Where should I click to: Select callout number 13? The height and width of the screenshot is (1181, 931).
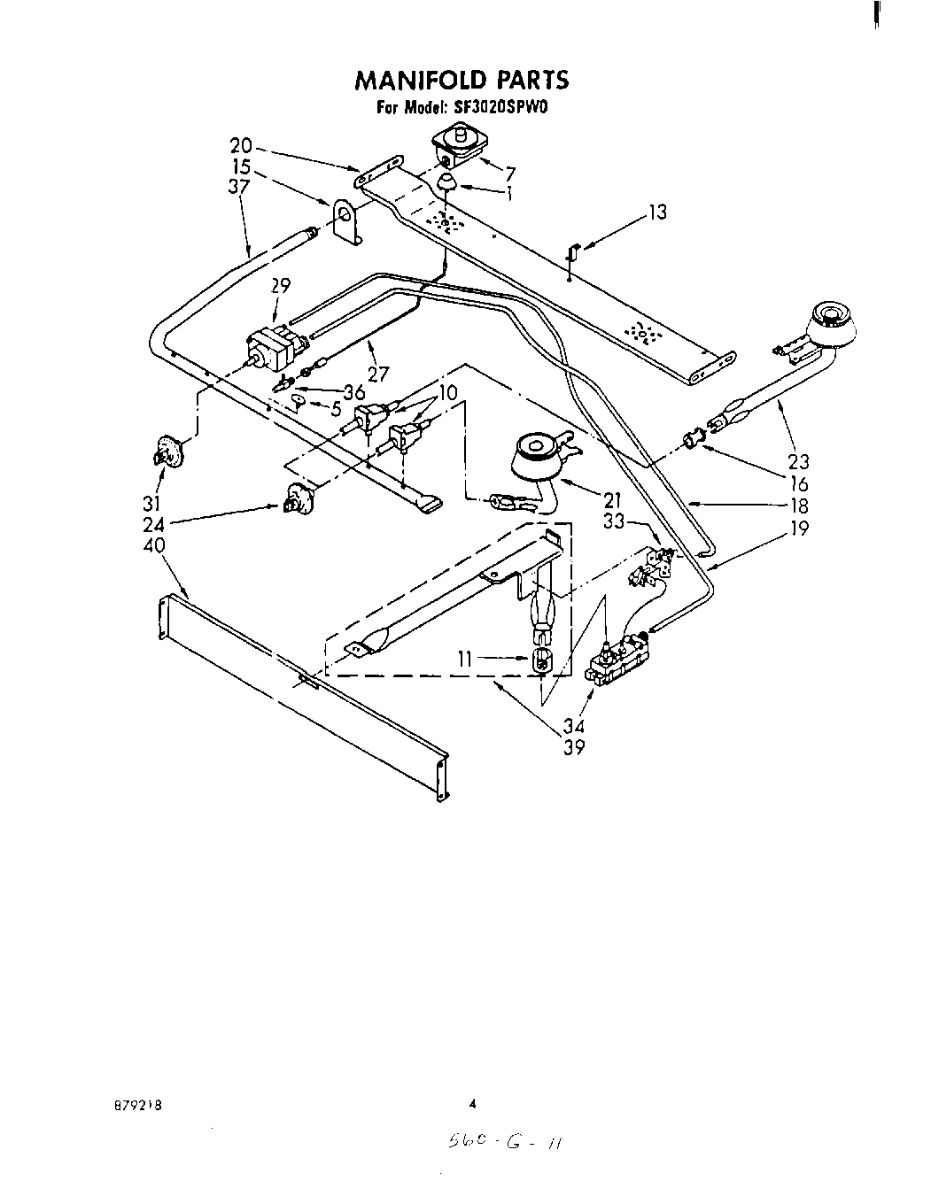coord(657,212)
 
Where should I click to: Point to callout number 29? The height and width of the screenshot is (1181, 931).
coord(281,286)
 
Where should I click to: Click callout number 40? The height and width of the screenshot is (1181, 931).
coord(153,546)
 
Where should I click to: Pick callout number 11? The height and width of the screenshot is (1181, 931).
coord(467,658)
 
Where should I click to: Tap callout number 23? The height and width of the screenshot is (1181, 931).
coord(799,461)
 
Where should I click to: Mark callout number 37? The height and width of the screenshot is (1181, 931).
coord(238,186)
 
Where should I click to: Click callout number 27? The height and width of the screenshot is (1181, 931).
coord(378,374)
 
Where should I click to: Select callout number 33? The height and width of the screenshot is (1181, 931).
coord(615,523)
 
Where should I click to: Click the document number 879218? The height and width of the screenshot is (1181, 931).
coord(137,1106)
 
